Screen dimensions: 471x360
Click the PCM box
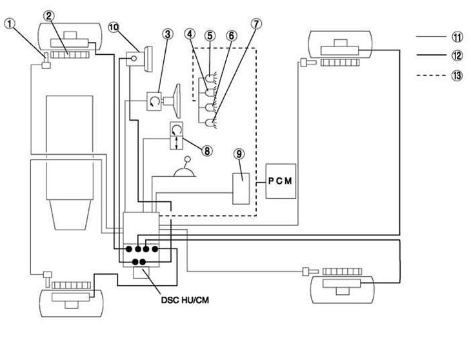tap(281, 181)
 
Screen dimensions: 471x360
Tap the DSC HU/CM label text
tap(185, 300)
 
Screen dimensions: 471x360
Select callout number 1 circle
tap(10, 23)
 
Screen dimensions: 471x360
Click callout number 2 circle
tap(49, 15)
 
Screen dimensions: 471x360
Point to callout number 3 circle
tap(168, 34)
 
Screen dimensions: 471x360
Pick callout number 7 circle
tap(256, 24)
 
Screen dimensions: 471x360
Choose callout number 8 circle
tap(207, 151)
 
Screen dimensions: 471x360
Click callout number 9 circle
tap(239, 154)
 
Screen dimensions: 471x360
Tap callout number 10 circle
tap(114, 27)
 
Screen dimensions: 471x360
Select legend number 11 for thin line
tap(457, 37)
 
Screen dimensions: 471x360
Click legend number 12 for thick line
tap(457, 55)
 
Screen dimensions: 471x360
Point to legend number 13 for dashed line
tap(457, 75)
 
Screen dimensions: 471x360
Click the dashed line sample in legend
tap(431, 75)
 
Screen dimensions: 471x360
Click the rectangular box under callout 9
tap(241, 189)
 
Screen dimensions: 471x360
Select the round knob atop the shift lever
tap(188, 159)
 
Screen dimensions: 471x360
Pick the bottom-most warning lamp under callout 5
tap(209, 122)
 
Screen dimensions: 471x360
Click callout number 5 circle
tap(210, 35)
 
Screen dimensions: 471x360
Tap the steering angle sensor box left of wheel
tap(154, 101)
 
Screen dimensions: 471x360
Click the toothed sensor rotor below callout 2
tap(70, 55)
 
